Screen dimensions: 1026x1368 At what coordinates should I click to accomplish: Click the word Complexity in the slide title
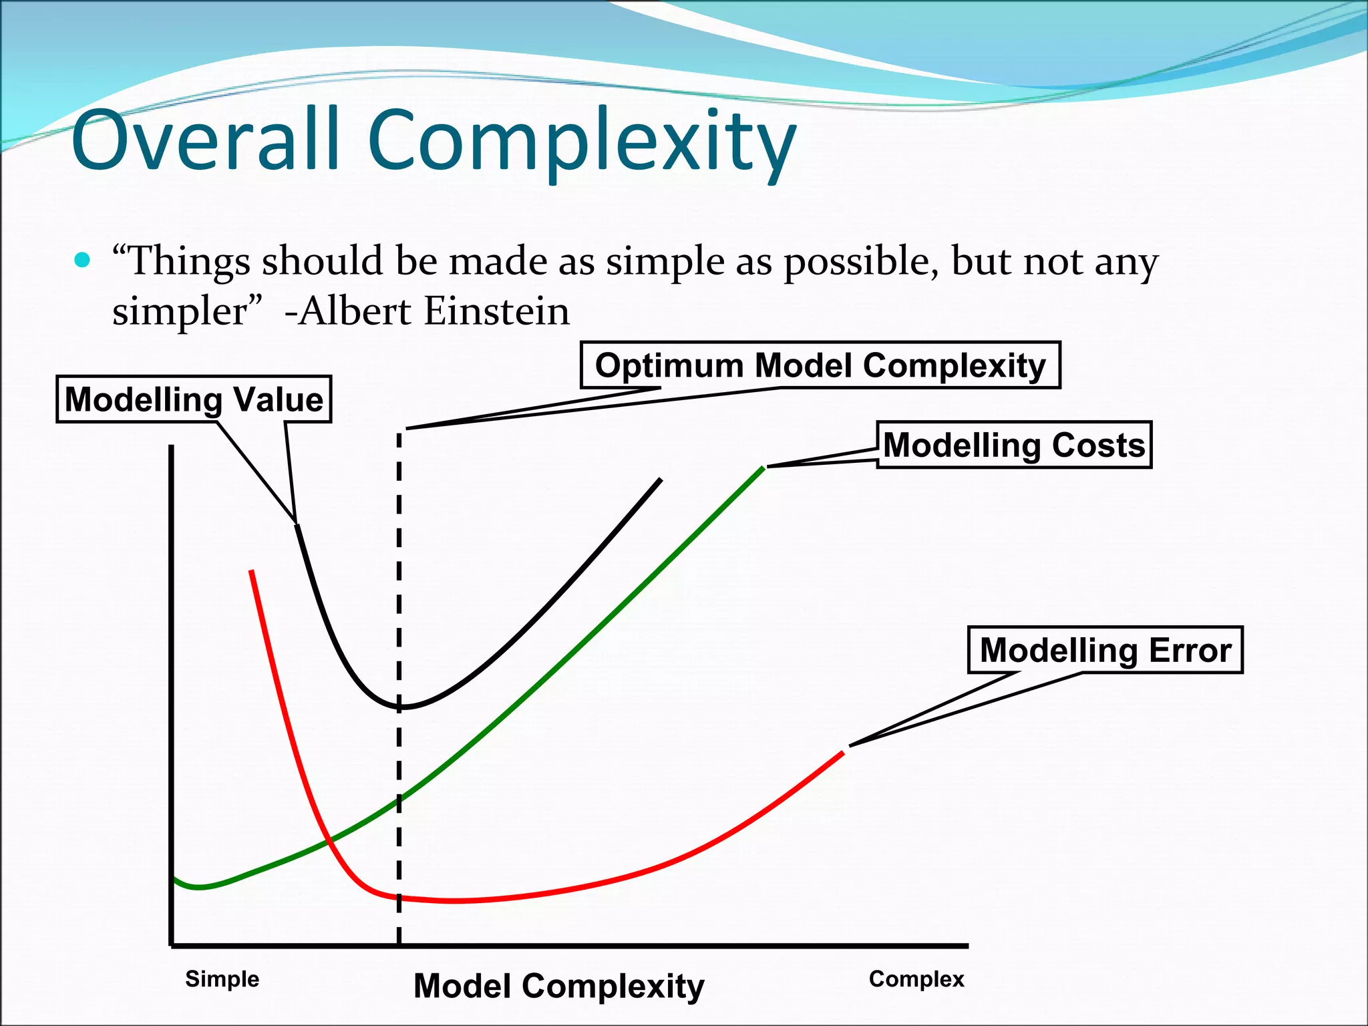pyautogui.click(x=581, y=144)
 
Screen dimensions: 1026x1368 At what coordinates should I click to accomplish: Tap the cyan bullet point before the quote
pyautogui.click(x=82, y=260)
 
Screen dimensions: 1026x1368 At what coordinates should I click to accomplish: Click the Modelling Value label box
pyautogui.click(x=194, y=399)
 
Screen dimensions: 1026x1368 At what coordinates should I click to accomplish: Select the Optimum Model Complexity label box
pyautogui.click(x=820, y=365)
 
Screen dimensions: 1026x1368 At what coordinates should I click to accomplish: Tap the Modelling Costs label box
pyautogui.click(x=1014, y=445)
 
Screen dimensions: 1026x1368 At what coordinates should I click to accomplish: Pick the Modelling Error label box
pyautogui.click(x=1105, y=650)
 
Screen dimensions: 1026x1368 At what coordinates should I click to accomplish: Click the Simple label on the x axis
pyautogui.click(x=222, y=979)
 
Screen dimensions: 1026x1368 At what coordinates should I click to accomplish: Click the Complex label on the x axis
pyautogui.click(x=916, y=979)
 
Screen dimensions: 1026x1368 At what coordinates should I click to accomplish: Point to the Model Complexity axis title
pyautogui.click(x=558, y=986)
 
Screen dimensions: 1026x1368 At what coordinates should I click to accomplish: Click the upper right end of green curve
pyautogui.click(x=763, y=468)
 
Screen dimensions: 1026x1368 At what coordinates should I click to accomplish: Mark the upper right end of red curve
pyautogui.click(x=843, y=753)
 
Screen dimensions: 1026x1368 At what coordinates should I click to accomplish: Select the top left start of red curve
pyautogui.click(x=251, y=572)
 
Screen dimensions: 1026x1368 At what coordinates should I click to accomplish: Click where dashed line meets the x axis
pyautogui.click(x=399, y=945)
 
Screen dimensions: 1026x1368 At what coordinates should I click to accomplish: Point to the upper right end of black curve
pyautogui.click(x=660, y=480)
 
